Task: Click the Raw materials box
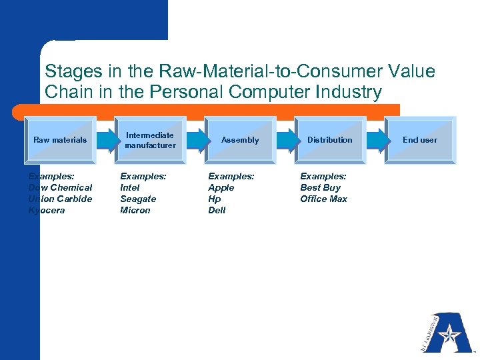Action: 60,140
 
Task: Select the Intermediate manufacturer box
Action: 150,140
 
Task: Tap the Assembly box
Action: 240,140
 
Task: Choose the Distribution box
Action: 329,140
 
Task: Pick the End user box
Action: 420,140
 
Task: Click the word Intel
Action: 130,187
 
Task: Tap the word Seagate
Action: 138,199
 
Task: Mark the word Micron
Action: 135,210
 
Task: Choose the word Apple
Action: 221,187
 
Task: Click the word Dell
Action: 217,210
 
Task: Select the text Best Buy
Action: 320,187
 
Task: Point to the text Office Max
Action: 323,199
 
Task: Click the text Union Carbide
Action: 60,199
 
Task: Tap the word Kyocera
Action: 47,210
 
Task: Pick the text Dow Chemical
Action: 60,187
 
